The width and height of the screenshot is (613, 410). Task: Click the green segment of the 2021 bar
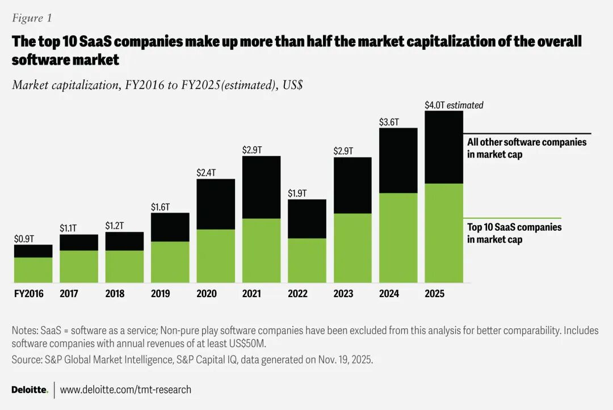[261, 250]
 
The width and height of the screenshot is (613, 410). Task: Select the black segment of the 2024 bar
[398, 160]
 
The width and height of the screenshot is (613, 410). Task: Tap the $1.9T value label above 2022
[297, 193]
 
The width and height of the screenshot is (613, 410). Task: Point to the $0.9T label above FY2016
[24, 239]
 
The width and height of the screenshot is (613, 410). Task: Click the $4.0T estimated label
[454, 105]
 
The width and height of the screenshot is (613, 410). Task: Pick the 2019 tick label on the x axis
[161, 293]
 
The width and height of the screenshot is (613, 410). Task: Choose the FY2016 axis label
[28, 293]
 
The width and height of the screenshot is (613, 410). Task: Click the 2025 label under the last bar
[434, 293]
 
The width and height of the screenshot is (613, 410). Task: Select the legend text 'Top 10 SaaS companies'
[514, 227]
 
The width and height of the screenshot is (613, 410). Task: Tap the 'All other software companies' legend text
[527, 142]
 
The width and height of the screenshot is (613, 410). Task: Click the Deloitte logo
[30, 390]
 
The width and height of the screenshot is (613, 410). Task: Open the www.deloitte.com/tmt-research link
[125, 390]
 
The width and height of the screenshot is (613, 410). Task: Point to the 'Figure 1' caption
[32, 18]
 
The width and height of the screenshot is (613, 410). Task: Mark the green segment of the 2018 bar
[124, 267]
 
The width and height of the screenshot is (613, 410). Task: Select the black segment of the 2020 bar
[216, 204]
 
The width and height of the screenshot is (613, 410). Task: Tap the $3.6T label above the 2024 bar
[389, 122]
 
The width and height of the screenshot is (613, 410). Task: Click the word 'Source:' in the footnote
[26, 360]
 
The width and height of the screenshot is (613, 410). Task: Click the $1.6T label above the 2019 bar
[161, 207]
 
